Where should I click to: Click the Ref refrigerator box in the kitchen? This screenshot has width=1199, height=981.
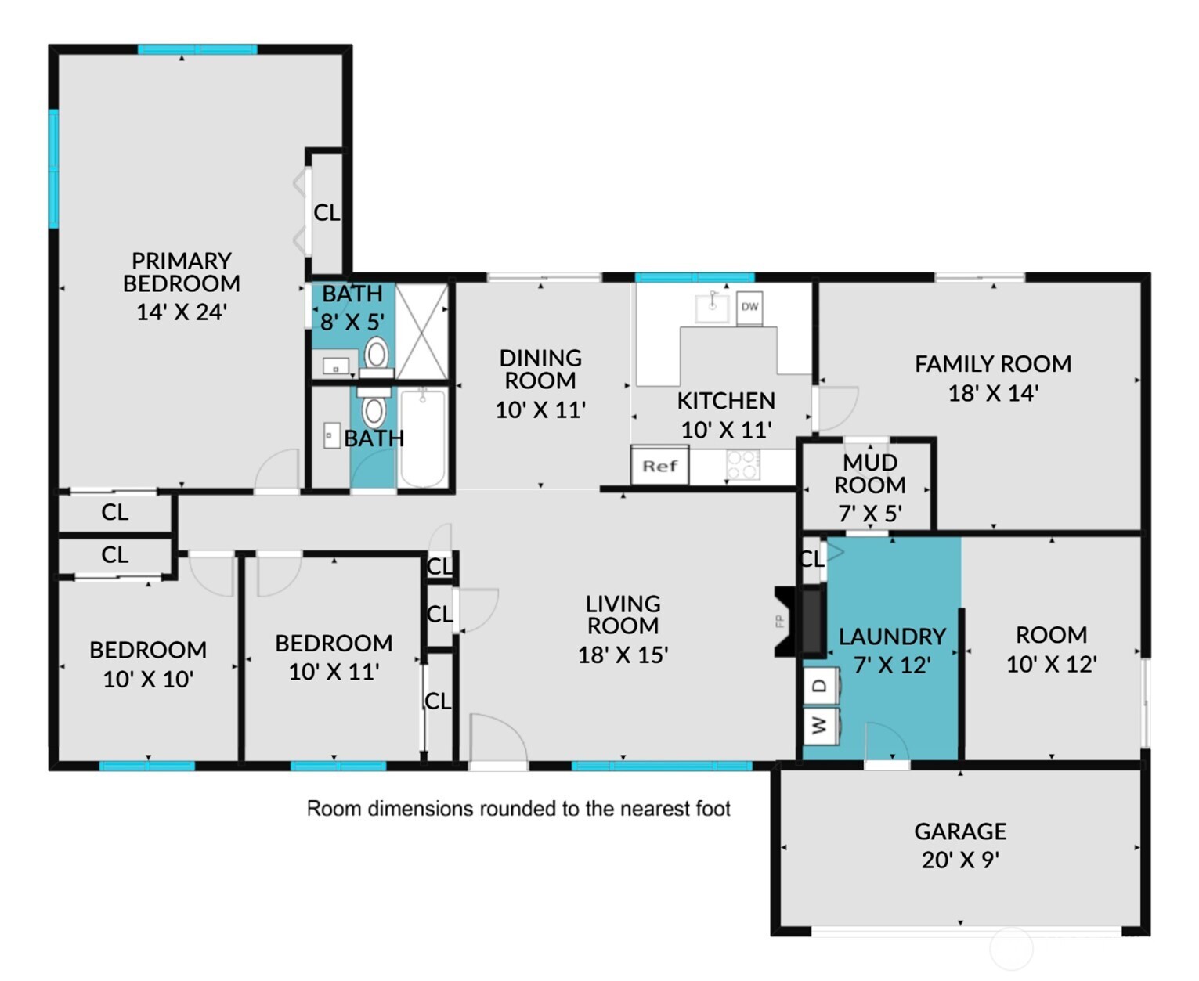[x=659, y=466]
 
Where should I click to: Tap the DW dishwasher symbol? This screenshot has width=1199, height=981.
[x=749, y=308]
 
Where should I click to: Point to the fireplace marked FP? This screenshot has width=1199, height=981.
[x=799, y=621]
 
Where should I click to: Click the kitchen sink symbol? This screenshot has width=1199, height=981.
[x=713, y=308]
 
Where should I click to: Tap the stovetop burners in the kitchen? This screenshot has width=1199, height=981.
[x=743, y=464]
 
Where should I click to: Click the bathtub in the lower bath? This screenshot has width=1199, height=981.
[x=422, y=438]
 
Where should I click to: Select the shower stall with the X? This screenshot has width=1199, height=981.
[x=422, y=332]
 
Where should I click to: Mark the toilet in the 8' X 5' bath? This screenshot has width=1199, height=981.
[x=376, y=358]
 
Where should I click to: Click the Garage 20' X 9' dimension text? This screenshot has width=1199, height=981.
[x=960, y=860]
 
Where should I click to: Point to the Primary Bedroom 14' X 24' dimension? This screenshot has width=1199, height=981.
[x=182, y=312]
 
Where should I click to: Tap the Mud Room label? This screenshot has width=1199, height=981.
[x=870, y=474]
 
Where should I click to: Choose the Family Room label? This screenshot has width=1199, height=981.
[x=992, y=364]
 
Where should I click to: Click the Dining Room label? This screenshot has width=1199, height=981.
[x=540, y=369]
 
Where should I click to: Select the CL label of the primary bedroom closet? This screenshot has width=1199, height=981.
[x=327, y=213]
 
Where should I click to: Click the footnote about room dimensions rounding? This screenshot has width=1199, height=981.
[x=518, y=808]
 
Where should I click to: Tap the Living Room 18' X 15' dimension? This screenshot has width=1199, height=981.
[x=623, y=655]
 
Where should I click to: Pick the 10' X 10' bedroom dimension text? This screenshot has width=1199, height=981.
[x=148, y=680]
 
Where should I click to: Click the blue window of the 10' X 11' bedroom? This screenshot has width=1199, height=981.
[x=338, y=766]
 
